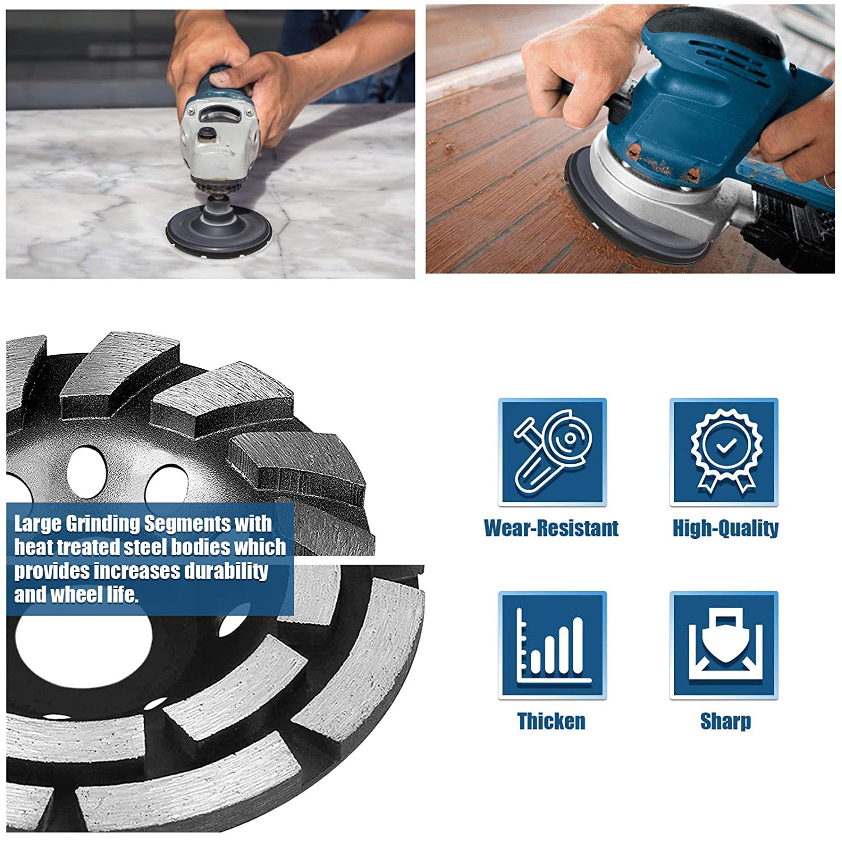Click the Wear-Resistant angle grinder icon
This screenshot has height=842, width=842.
coord(552,452)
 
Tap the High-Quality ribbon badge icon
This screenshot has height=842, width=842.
coord(724,452)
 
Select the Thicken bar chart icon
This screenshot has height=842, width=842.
coord(552,646)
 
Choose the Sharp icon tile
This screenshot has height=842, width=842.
coord(724,646)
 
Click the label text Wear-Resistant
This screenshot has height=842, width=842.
coord(551,528)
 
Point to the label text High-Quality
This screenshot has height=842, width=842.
coord(725,528)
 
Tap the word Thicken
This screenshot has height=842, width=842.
coord(551,721)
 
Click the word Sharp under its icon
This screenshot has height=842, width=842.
coord(725,722)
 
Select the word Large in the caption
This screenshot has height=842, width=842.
coord(37,524)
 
